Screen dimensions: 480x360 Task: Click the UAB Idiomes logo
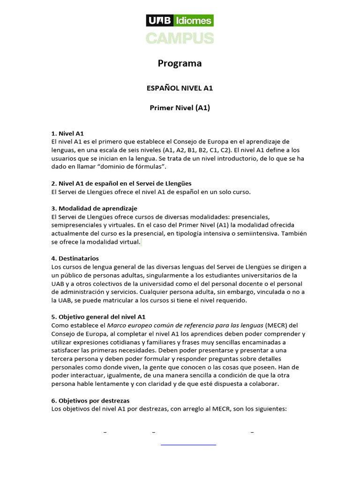tap(180, 20)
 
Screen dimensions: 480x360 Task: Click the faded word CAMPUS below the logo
tap(180, 38)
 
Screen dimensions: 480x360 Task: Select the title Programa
tap(180, 63)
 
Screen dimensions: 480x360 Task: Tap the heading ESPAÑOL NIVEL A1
tap(180, 88)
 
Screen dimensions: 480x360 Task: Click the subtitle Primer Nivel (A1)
tap(180, 108)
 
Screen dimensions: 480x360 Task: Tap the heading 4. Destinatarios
tap(75, 258)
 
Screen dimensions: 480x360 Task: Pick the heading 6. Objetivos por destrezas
tap(90, 400)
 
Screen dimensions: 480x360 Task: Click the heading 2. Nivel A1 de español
tap(121, 183)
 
